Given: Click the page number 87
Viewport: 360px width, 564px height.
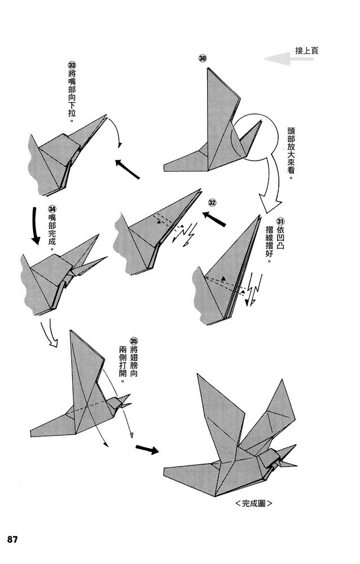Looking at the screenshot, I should (x=13, y=539).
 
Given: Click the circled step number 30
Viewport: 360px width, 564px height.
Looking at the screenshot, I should (x=203, y=59).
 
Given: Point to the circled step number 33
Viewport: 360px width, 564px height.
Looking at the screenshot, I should (x=72, y=64).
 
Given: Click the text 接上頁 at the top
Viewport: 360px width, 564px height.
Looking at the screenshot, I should (x=306, y=51).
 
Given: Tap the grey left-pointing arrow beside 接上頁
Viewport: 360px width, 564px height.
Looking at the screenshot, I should (x=278, y=58).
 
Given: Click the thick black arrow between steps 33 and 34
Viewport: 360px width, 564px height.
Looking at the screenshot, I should (x=36, y=226).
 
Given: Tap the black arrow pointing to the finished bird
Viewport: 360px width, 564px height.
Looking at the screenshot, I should (x=147, y=450).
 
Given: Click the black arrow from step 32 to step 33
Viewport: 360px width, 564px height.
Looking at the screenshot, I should (x=128, y=168).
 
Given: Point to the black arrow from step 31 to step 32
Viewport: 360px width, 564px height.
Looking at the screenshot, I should (x=214, y=219).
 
